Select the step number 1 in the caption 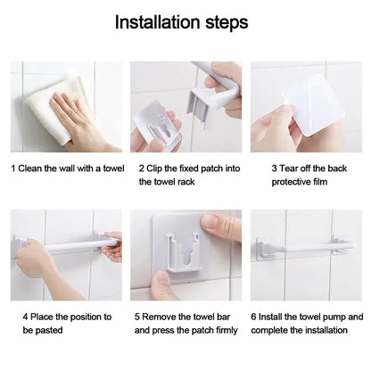pyautogui.click(x=13, y=167)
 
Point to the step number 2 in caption pyautogui.click(x=142, y=167)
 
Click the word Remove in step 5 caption pyautogui.click(x=165, y=317)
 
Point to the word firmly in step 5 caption pyautogui.click(x=223, y=330)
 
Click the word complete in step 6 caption pyautogui.click(x=271, y=330)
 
